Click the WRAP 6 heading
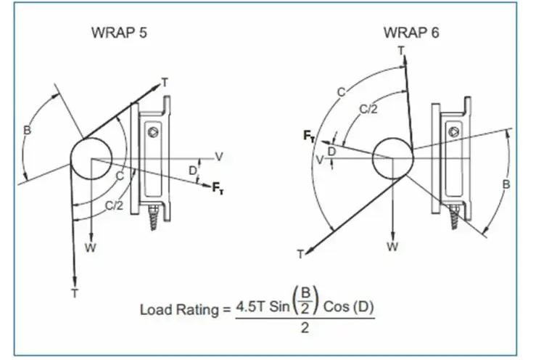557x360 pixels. pos(410,33)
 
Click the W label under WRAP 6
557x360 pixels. pos(392,247)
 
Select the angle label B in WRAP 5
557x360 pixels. pos(28,131)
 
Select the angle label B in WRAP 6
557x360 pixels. pos(506,185)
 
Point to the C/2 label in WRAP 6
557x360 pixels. pos(368,109)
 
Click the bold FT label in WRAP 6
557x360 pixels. pos(309,135)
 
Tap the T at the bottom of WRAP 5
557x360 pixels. pos(75,292)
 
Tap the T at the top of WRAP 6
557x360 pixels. pos(401,50)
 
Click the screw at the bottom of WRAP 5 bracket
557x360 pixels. pos(154,216)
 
